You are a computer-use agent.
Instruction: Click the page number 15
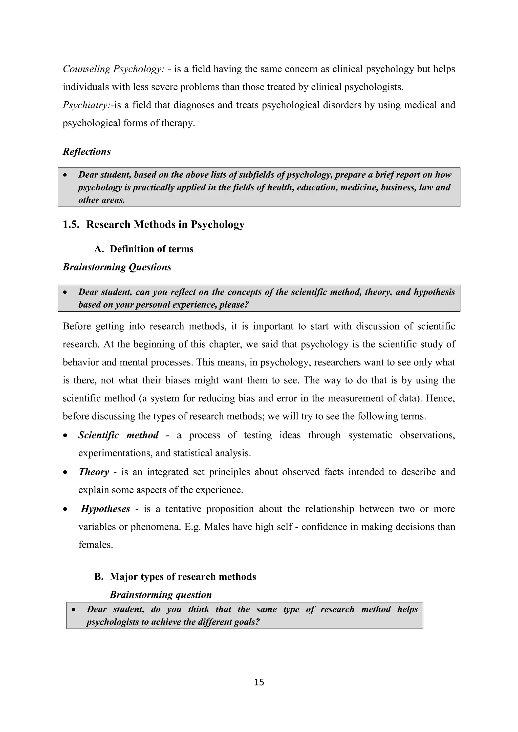click(x=259, y=682)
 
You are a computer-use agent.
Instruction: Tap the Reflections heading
click(x=87, y=151)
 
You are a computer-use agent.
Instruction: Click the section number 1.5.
click(x=71, y=224)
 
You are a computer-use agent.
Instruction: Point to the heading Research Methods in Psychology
click(x=165, y=224)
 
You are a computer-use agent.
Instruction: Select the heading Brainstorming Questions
click(x=117, y=267)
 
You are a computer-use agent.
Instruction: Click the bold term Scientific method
click(x=118, y=435)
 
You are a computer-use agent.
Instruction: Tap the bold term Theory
click(x=94, y=472)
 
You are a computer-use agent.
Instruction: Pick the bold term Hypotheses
click(x=105, y=509)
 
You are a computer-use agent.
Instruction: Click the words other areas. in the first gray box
click(x=101, y=200)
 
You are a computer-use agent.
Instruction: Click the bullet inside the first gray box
click(x=66, y=175)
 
